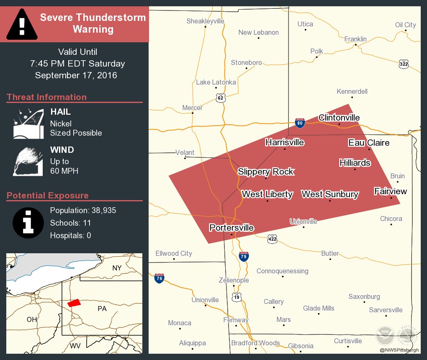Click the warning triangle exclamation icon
[22, 24]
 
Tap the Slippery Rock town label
[266, 172]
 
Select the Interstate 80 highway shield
[299, 123]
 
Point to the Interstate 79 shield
[244, 256]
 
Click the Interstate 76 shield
[159, 278]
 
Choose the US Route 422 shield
[273, 239]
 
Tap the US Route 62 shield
[220, 98]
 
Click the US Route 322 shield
[404, 64]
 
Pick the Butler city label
[330, 253]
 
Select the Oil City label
[406, 25]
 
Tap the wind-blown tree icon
[28, 161]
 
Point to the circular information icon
[28, 222]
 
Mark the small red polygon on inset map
[74, 303]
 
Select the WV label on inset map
[75, 346]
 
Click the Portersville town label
[232, 227]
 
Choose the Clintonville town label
[339, 118]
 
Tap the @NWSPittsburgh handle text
[399, 350]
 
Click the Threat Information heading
[47, 97]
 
